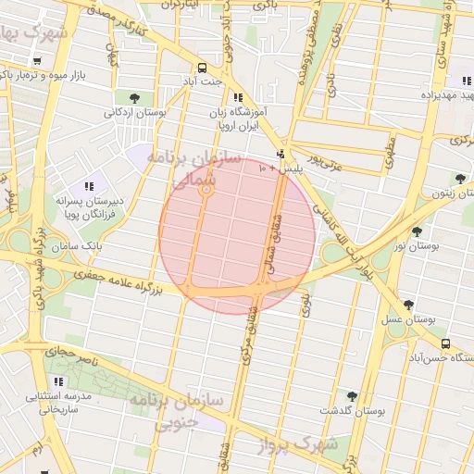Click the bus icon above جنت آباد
(203, 68)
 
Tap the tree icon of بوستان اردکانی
(136, 97)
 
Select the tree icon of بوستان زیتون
(460, 179)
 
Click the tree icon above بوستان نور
(417, 231)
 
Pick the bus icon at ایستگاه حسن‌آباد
(445, 344)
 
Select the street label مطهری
(388, 146)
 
